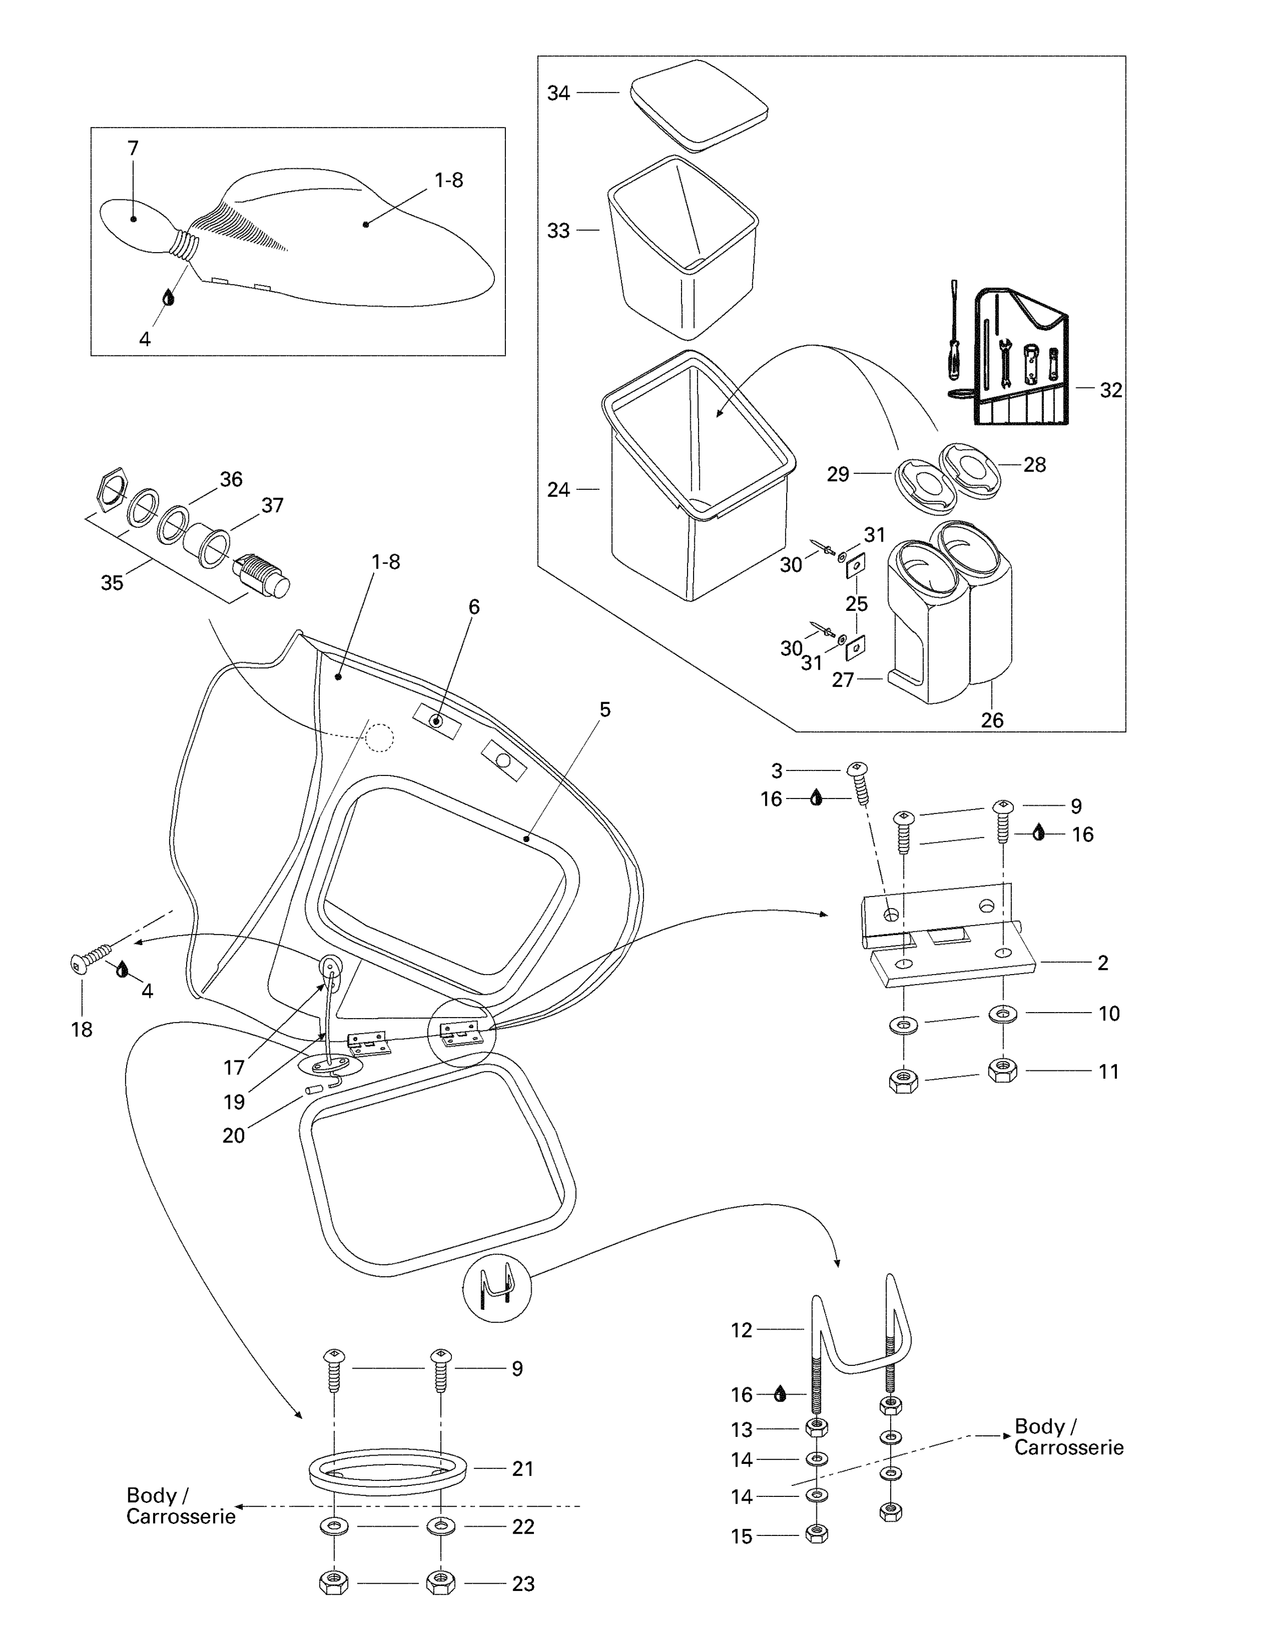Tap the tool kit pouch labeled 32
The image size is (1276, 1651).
pyautogui.click(x=1021, y=359)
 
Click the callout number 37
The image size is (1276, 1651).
pyautogui.click(x=272, y=505)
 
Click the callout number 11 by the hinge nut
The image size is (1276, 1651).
pyautogui.click(x=1108, y=1071)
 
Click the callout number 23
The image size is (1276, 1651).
pyautogui.click(x=523, y=1584)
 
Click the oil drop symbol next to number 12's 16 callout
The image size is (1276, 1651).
pyautogui.click(x=780, y=1394)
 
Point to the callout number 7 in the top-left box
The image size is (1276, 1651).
pyautogui.click(x=133, y=148)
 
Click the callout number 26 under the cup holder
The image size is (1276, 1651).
pyautogui.click(x=992, y=720)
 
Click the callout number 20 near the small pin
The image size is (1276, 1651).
pyautogui.click(x=233, y=1135)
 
